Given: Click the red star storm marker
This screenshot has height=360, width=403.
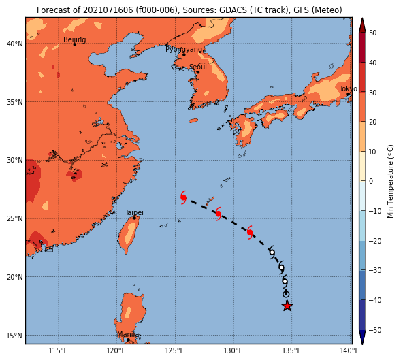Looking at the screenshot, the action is coord(287,306).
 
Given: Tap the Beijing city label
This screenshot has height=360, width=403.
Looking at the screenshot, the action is coord(74,40).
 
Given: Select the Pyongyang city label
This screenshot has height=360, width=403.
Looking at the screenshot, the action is coord(184,49).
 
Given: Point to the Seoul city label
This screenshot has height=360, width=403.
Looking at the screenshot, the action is coord(198,67).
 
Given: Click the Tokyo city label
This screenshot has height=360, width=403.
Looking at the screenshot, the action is coord(349,89).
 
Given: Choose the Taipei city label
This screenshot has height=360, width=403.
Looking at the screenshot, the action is coord(134,213).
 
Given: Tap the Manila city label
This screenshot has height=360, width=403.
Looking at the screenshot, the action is coord(128,335).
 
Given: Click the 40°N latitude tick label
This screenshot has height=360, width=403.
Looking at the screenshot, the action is coord(15,44).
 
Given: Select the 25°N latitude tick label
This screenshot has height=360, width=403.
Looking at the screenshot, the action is coord(15,218).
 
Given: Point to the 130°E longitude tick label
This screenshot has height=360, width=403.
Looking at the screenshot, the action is coord(233,350).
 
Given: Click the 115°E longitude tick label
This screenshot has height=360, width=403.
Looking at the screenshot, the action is coord(58,350).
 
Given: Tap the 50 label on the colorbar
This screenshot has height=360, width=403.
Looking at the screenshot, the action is coord(372,33).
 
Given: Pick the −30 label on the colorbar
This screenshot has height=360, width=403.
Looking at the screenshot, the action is coord(375,270).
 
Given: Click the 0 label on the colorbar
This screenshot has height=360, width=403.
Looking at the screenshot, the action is coord(371,181).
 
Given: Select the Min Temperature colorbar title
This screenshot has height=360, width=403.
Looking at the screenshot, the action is coord(390,181).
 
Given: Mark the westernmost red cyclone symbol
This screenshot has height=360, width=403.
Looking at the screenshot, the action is coord(183,197).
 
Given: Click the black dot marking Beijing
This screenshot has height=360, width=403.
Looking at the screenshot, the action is coord(75,44).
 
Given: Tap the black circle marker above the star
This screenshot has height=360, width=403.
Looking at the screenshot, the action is coord(286,294).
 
